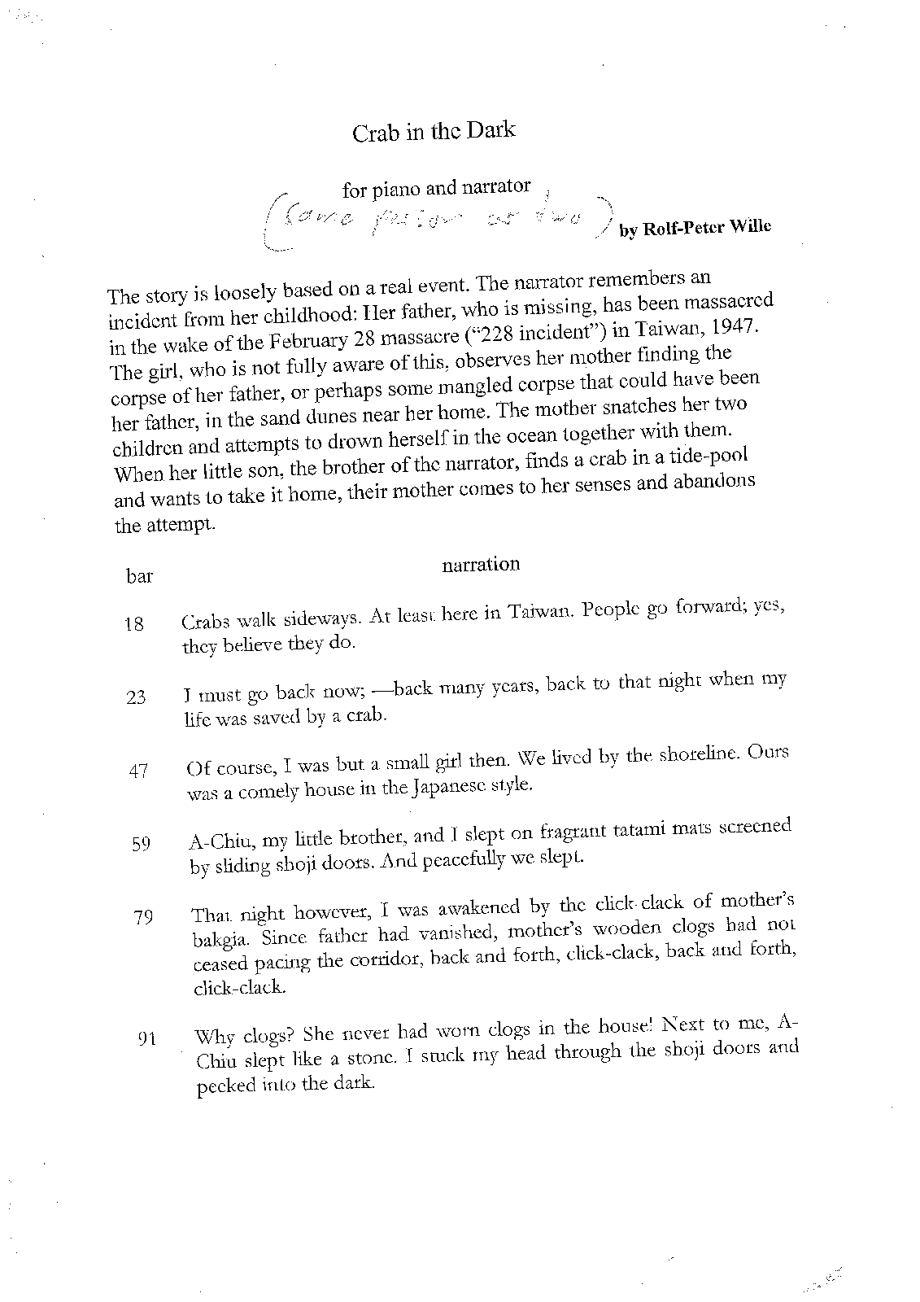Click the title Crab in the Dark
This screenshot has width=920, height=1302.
(x=433, y=132)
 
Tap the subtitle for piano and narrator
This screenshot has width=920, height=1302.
(x=436, y=189)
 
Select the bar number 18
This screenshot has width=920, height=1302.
(x=134, y=625)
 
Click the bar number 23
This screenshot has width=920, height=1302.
(x=136, y=697)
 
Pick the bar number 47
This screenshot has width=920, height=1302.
(x=137, y=771)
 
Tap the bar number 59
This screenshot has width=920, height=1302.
(x=140, y=844)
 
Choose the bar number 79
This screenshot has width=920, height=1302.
(x=144, y=918)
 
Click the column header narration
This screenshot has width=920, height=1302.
(x=481, y=564)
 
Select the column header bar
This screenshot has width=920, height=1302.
(x=139, y=577)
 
